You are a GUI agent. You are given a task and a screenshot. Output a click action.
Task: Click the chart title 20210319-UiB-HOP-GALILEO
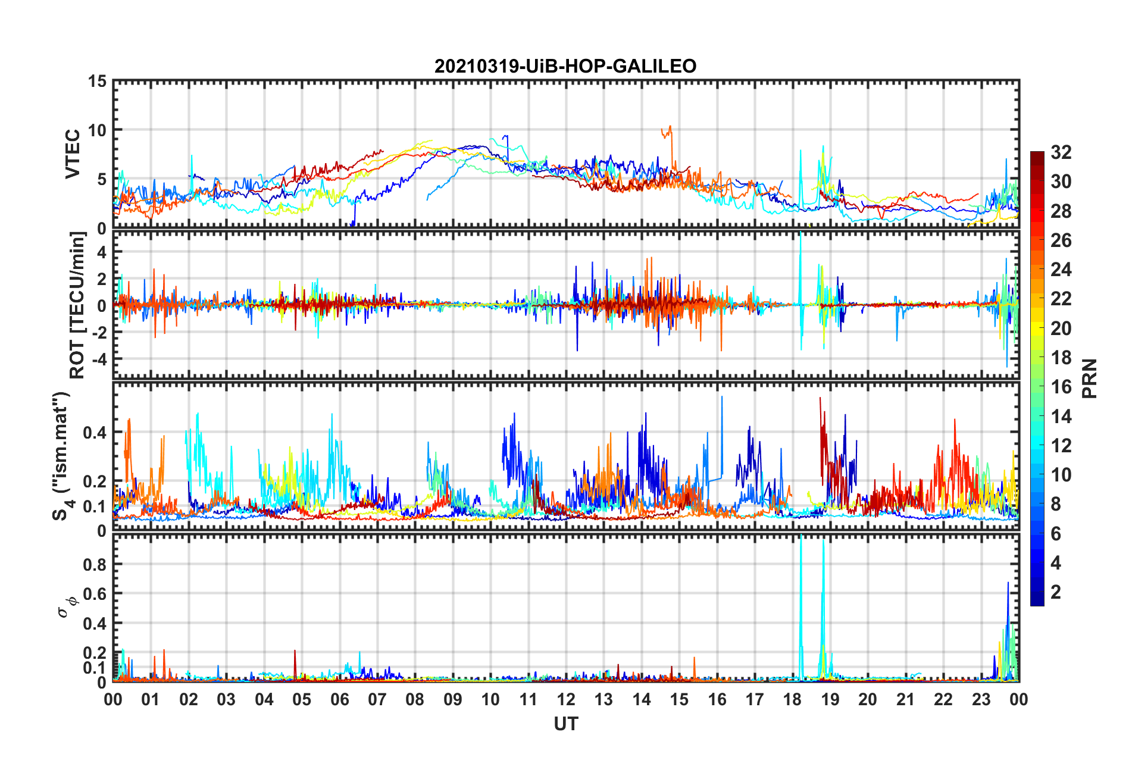pyautogui.click(x=565, y=66)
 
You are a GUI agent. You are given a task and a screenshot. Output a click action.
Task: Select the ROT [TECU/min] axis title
pyautogui.click(x=77, y=305)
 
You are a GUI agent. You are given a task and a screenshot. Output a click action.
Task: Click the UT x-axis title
pyautogui.click(x=566, y=724)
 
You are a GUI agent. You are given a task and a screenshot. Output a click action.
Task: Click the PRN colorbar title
pyautogui.click(x=1090, y=378)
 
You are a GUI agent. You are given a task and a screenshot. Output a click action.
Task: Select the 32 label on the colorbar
pyautogui.click(x=1061, y=152)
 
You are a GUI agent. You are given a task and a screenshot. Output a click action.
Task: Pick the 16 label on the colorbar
pyautogui.click(x=1061, y=387)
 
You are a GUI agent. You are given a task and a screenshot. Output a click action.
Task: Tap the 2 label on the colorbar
pyautogui.click(x=1056, y=592)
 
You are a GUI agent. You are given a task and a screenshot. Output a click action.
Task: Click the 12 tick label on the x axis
pyautogui.click(x=566, y=699)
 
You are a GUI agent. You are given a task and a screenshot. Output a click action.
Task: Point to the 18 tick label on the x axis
pyautogui.click(x=792, y=699)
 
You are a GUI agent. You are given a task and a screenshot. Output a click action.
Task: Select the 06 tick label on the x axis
pyautogui.click(x=340, y=699)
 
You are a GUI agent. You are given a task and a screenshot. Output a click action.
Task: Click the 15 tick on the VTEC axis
pyautogui.click(x=97, y=82)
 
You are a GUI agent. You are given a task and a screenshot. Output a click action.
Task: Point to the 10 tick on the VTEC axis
pyautogui.click(x=97, y=130)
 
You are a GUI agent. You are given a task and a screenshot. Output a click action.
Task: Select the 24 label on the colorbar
pyautogui.click(x=1061, y=270)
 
